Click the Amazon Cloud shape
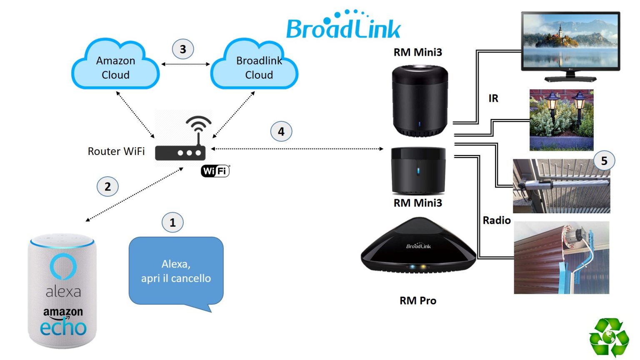coord(115,67)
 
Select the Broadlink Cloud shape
coord(255,67)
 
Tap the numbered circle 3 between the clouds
coord(183,49)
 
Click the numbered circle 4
coord(281,132)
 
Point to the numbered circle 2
coord(107,187)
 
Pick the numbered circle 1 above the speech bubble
coord(172,223)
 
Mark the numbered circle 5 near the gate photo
coord(604,161)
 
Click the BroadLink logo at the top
coord(343,26)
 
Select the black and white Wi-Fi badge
coord(215,171)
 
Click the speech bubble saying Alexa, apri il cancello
coord(176,272)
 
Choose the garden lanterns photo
coord(561,120)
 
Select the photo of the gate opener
coord(561,186)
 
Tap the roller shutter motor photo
coord(561,257)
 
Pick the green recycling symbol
coord(609,337)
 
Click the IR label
coord(493,98)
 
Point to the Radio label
coord(497,220)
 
